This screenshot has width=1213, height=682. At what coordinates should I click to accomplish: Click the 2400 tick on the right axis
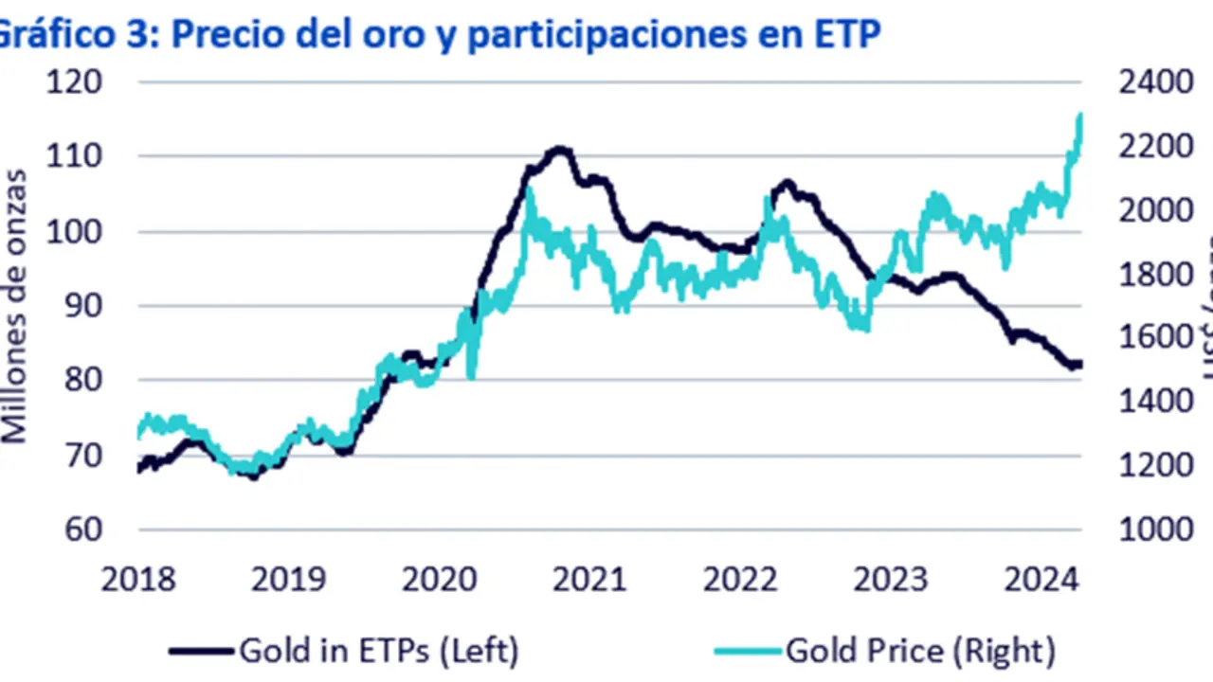coord(1155,82)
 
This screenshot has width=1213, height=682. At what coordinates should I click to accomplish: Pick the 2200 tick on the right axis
coord(1155,148)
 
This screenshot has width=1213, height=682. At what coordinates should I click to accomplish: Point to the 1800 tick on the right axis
coord(1155,275)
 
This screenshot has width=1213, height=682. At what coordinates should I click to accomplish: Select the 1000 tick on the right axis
coord(1155,529)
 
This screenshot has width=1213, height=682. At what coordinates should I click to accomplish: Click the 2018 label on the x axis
coord(138,579)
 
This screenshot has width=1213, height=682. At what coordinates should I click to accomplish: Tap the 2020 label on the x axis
coord(439,579)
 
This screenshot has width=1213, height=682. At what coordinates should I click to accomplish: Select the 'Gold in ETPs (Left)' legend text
coord(379,651)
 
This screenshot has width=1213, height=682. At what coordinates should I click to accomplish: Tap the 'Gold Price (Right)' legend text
coord(919,651)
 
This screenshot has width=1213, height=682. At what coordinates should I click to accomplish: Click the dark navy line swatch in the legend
coord(201,651)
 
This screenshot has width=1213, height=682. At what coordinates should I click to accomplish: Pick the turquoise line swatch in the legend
coord(748,651)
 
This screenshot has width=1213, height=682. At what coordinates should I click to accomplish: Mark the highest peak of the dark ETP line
coord(560,149)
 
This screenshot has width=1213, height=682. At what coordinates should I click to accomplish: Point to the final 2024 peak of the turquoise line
coord(1079,116)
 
